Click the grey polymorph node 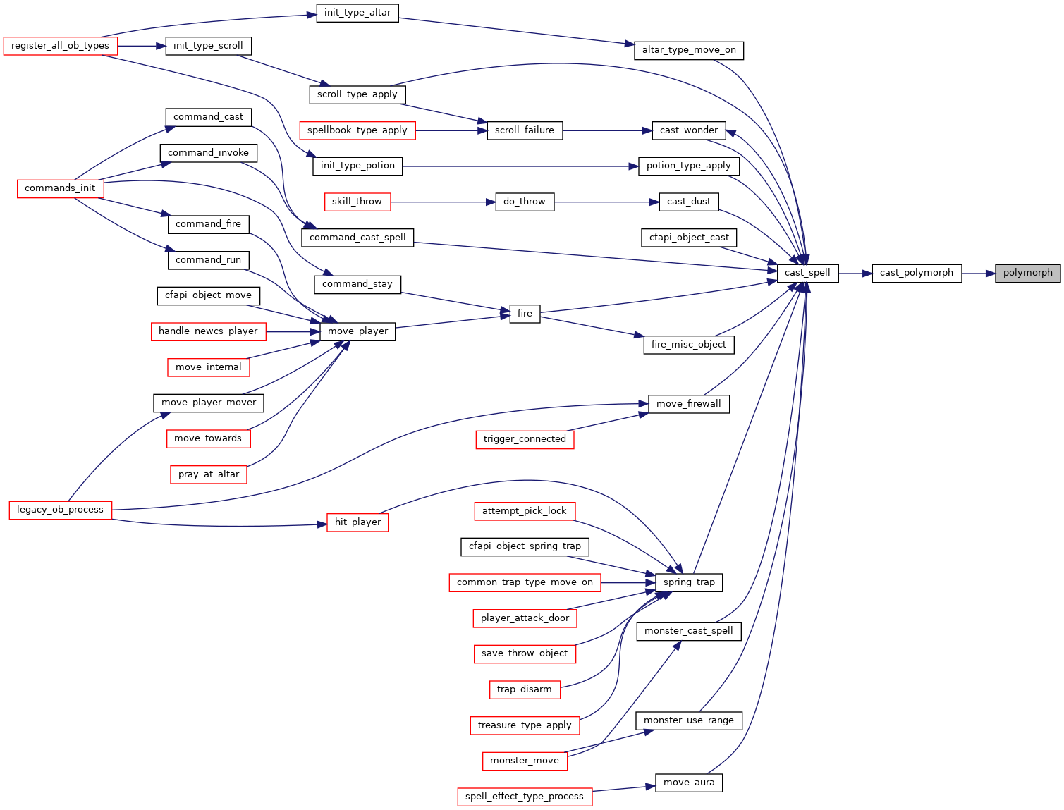pyautogui.click(x=1027, y=274)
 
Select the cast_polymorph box pyautogui.click(x=917, y=274)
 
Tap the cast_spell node pyautogui.click(x=808, y=274)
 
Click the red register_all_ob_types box pyautogui.click(x=60, y=46)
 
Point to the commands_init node pyautogui.click(x=60, y=188)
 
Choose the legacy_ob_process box pyautogui.click(x=60, y=510)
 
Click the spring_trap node pyautogui.click(x=689, y=582)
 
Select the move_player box pyautogui.click(x=357, y=332)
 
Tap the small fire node pyautogui.click(x=525, y=314)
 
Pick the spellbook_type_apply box pyautogui.click(x=357, y=131)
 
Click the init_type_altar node pyautogui.click(x=357, y=13)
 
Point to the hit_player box pyautogui.click(x=357, y=522)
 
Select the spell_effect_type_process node pyautogui.click(x=525, y=797)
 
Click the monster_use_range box pyautogui.click(x=689, y=721)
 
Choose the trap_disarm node pyautogui.click(x=525, y=689)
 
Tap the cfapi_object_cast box pyautogui.click(x=689, y=238)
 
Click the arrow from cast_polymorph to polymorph pyautogui.click(x=979, y=274)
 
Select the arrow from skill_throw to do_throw pyautogui.click(x=443, y=202)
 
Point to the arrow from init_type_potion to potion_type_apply pyautogui.click(x=520, y=166)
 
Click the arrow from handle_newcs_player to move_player pyautogui.click(x=293, y=332)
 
